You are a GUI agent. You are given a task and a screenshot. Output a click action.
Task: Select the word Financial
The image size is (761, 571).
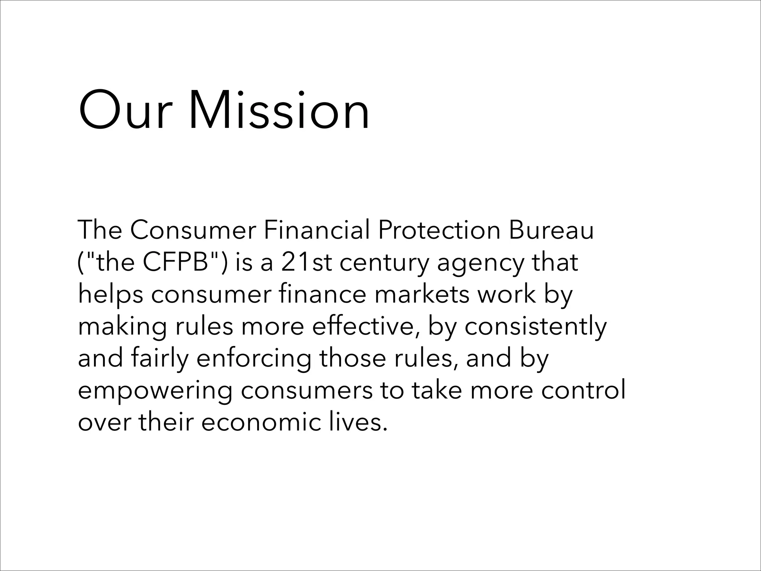pyautogui.click(x=317, y=230)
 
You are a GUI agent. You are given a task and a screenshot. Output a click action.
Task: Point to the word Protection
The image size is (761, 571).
pyautogui.click(x=439, y=230)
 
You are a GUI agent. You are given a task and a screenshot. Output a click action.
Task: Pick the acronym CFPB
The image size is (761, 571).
pyautogui.click(x=175, y=262)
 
